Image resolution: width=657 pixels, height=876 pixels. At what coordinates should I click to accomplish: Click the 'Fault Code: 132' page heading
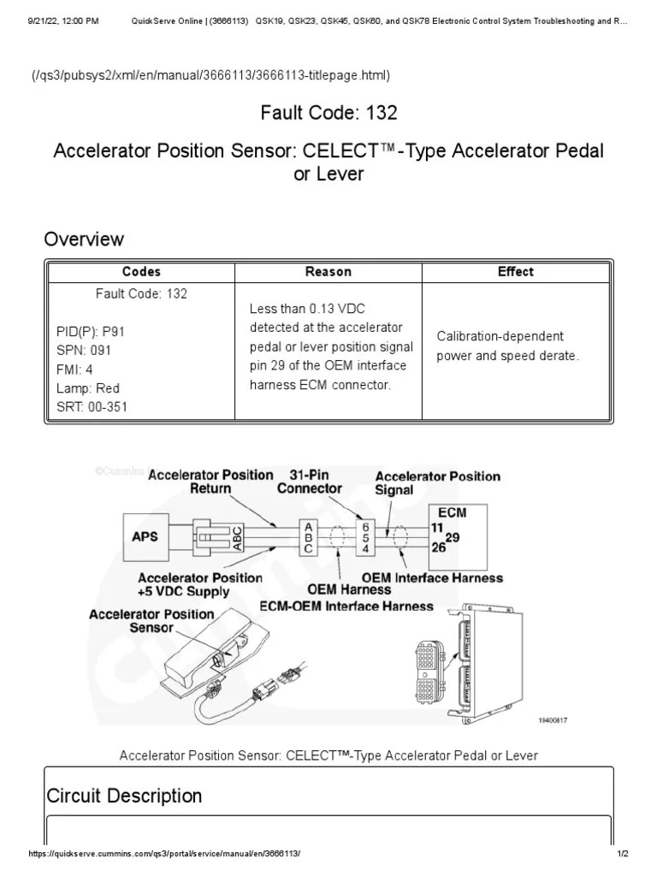328,112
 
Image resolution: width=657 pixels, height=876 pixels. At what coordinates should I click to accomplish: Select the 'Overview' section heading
84,240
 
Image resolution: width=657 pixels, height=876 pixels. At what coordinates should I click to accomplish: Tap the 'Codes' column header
141,272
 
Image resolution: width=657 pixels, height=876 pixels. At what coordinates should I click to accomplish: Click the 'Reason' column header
328,272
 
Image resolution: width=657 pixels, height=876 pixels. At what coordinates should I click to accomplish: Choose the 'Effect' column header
515,272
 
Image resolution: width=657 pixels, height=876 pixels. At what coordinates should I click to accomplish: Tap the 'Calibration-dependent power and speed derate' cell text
507,346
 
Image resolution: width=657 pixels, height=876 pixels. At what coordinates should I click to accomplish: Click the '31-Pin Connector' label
309,482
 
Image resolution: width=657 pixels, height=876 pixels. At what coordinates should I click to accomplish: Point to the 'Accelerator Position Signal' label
437,483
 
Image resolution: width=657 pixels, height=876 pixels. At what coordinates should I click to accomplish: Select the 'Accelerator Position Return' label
210,482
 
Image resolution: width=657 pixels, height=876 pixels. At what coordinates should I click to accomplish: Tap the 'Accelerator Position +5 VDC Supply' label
199,584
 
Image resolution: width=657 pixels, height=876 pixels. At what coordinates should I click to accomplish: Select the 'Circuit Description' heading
124,796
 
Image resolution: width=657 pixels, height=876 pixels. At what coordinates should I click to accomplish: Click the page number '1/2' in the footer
623,855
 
